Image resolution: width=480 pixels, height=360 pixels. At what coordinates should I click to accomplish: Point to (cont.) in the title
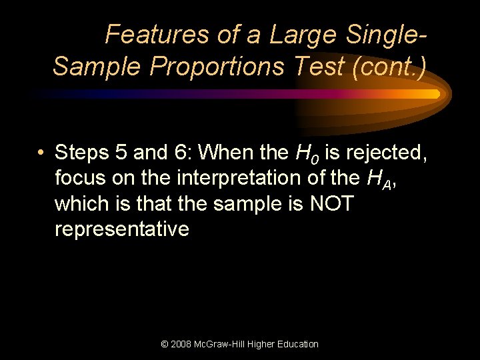[396, 66]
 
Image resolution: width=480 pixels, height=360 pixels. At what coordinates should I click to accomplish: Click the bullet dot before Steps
[41, 153]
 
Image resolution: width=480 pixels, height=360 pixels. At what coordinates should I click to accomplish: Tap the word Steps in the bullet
[83, 153]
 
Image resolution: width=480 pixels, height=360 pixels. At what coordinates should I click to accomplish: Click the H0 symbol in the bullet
[303, 155]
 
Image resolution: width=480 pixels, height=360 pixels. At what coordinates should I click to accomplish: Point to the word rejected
[383, 153]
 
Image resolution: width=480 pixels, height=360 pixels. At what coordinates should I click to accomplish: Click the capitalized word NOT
[331, 204]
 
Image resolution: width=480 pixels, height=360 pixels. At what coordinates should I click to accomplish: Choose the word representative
[121, 229]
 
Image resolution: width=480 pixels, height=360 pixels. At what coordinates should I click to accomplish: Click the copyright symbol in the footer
[165, 344]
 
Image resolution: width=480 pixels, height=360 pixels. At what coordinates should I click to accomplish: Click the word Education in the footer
[296, 344]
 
